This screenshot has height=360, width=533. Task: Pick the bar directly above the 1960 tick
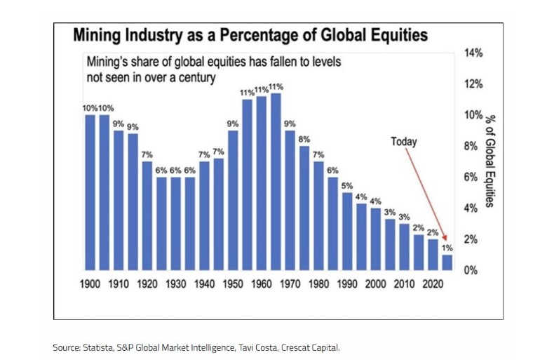pos(262,183)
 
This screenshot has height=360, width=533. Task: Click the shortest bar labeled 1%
pos(447,262)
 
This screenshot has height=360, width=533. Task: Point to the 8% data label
pos(304,139)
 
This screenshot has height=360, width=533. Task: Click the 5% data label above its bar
pos(347,185)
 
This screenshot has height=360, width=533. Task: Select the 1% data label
pos(447,248)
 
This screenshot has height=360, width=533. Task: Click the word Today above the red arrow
pos(403,142)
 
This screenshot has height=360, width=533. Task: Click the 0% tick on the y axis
pos(471,270)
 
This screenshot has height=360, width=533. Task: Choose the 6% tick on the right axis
pos(471,177)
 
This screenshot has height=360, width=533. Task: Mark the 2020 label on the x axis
pos(433,284)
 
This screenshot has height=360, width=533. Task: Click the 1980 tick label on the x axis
pos(318,284)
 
